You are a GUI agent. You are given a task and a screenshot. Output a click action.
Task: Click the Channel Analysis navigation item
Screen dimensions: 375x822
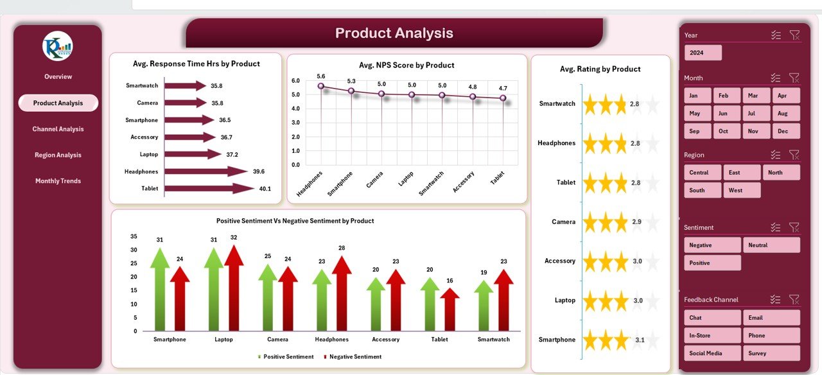pyautogui.click(x=58, y=129)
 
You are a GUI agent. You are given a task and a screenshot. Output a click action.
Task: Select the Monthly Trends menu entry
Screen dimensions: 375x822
pyautogui.click(x=58, y=181)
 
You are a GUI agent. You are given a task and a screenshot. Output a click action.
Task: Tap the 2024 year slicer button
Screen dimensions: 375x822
pyautogui.click(x=703, y=53)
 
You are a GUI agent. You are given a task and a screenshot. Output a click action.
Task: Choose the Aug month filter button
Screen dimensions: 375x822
pyautogui.click(x=782, y=114)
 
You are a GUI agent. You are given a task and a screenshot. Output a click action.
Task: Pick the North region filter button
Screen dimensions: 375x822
pyautogui.click(x=781, y=172)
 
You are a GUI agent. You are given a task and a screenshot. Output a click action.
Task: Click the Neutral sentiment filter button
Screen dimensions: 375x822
pyautogui.click(x=771, y=245)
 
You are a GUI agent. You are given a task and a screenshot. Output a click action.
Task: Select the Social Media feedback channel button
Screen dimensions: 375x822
pyautogui.click(x=712, y=353)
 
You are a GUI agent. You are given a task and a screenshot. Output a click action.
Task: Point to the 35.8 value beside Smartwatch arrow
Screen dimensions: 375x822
pyautogui.click(x=216, y=85)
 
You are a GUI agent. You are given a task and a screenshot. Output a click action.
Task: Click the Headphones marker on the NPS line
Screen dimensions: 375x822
pyautogui.click(x=321, y=86)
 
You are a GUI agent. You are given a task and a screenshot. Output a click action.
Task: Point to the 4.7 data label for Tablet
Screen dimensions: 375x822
pyautogui.click(x=502, y=88)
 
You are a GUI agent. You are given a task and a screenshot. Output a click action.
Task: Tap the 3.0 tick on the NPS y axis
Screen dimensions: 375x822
pyautogui.click(x=295, y=123)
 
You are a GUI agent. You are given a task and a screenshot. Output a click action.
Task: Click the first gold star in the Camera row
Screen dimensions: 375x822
pyautogui.click(x=591, y=222)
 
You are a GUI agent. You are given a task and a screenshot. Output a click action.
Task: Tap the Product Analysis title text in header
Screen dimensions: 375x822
pyautogui.click(x=394, y=33)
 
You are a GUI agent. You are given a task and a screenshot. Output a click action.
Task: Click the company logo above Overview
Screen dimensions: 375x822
pyautogui.click(x=58, y=46)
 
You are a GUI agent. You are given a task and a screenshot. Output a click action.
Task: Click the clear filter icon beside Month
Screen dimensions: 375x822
pyautogui.click(x=794, y=78)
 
